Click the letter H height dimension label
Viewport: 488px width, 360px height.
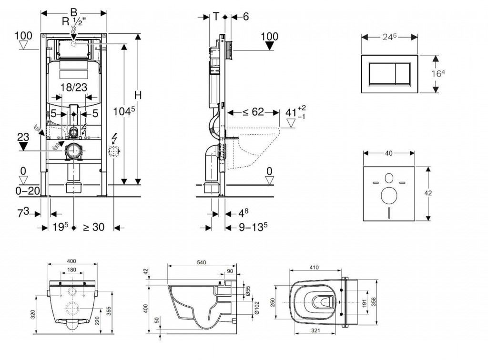click(x=138, y=95)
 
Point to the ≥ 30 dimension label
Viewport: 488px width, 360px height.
click(x=93, y=228)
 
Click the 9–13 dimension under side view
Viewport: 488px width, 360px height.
click(x=252, y=228)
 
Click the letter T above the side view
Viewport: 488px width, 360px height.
click(x=216, y=16)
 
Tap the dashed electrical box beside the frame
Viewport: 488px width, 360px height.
click(x=114, y=152)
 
